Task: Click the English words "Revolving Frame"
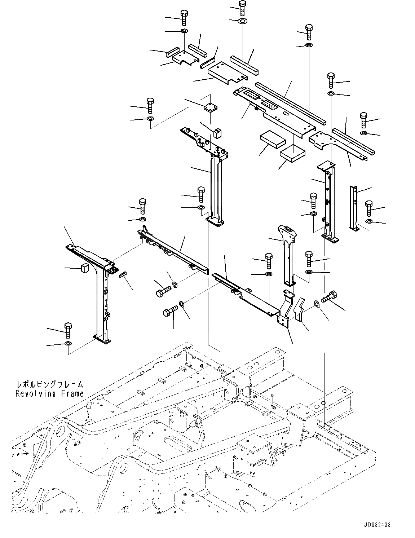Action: [x=49, y=394]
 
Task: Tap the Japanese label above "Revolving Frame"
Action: [x=49, y=385]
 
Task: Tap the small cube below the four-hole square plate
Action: [x=217, y=133]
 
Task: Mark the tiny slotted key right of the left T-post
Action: [x=122, y=274]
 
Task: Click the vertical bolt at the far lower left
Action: [x=67, y=329]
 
